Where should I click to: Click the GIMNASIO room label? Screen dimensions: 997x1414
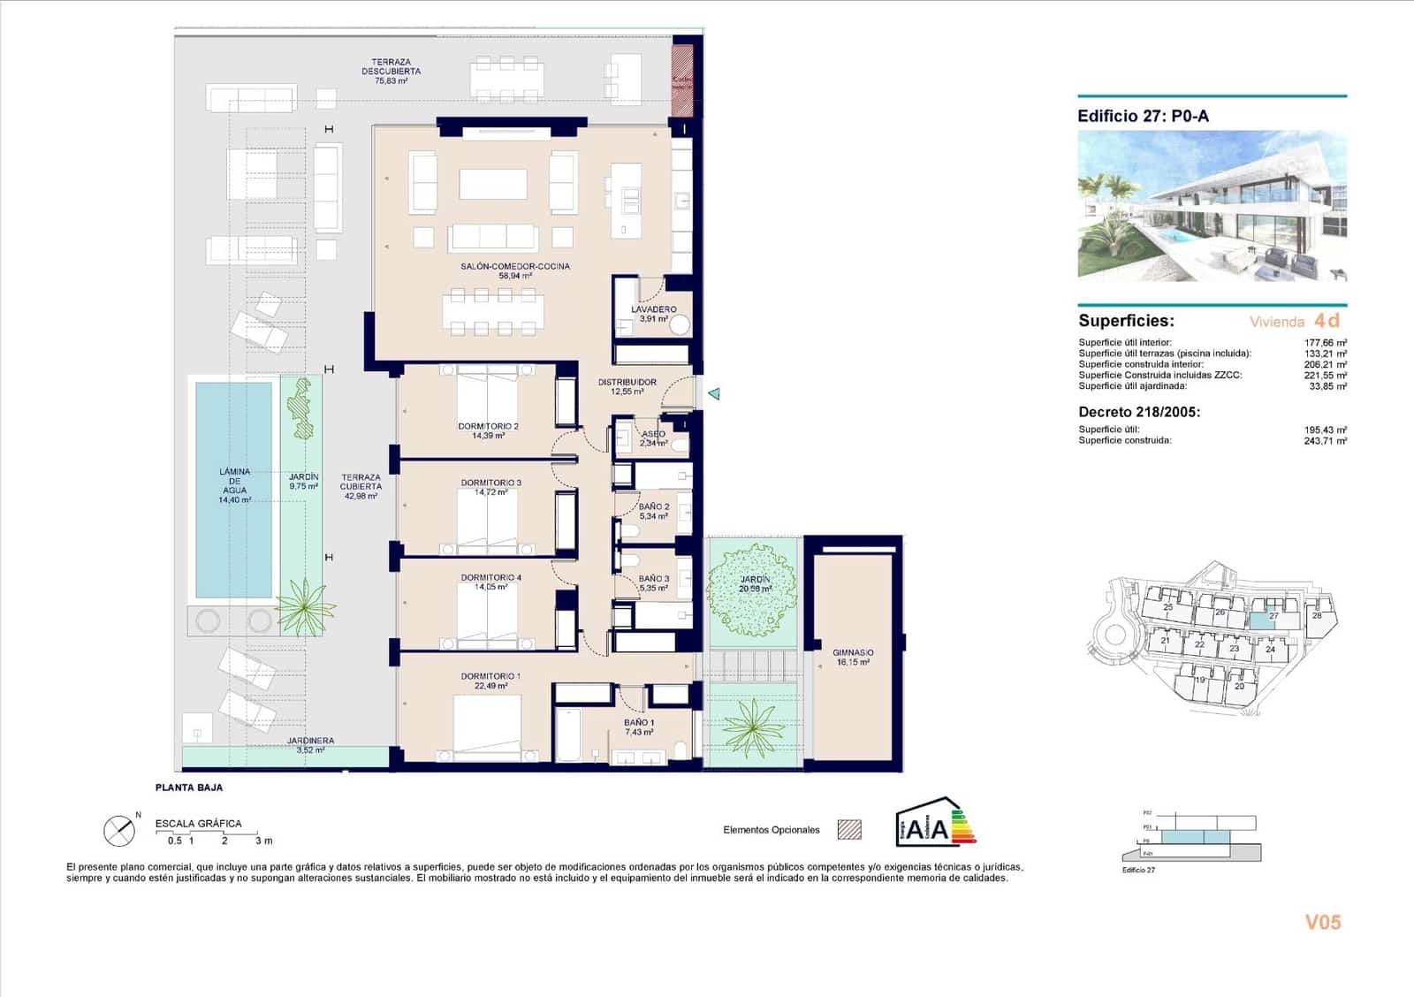click(x=853, y=658)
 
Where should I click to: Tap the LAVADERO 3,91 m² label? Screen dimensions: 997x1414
click(x=654, y=314)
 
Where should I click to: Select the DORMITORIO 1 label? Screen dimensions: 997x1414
click(x=490, y=681)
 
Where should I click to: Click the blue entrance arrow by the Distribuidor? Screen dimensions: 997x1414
click(x=714, y=393)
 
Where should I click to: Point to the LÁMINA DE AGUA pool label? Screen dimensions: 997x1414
click(x=234, y=485)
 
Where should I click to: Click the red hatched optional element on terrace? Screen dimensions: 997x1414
click(x=682, y=79)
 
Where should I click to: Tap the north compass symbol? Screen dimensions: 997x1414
click(x=119, y=830)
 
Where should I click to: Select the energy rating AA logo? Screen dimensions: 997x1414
click(x=935, y=822)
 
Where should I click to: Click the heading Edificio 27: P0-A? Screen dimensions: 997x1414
click(x=1142, y=116)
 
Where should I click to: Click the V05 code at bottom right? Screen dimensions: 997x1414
click(x=1322, y=922)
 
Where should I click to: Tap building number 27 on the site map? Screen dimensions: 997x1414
click(x=1273, y=616)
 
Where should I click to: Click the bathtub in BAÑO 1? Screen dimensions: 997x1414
click(x=567, y=734)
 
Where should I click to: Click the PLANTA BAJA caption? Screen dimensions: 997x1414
click(x=188, y=787)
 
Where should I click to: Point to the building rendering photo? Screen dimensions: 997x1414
click(x=1212, y=206)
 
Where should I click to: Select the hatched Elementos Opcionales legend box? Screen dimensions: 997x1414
click(x=849, y=830)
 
